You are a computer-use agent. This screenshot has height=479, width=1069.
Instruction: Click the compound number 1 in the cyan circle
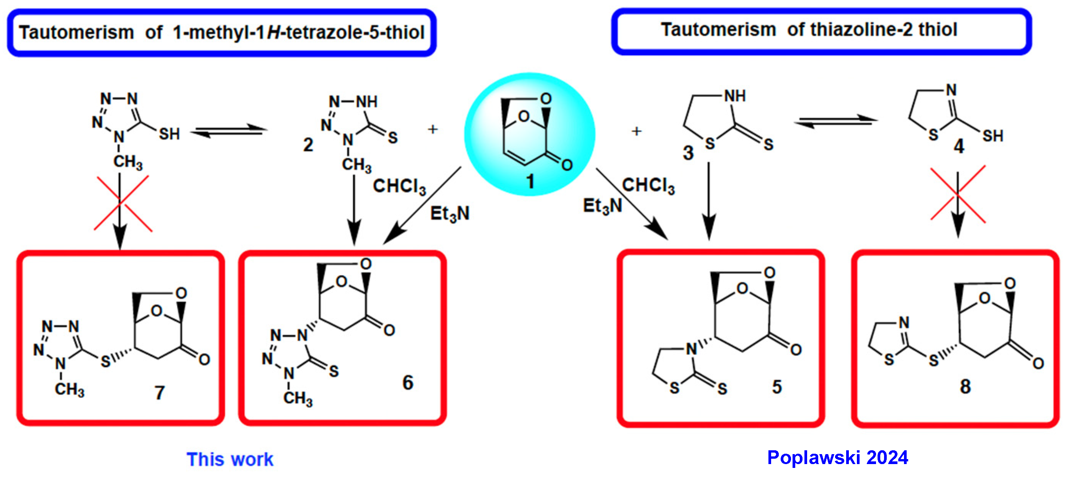click(530, 181)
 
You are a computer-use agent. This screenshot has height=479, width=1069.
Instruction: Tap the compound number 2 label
click(308, 145)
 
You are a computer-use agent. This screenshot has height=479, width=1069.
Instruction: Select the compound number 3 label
click(688, 153)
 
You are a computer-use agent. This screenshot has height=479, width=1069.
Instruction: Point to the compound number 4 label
click(959, 146)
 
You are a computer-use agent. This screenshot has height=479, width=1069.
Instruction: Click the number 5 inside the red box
click(777, 387)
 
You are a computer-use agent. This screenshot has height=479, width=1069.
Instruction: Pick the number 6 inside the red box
click(407, 382)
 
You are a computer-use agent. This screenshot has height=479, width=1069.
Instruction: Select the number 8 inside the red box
click(965, 386)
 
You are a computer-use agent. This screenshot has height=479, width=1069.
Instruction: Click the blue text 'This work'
click(230, 459)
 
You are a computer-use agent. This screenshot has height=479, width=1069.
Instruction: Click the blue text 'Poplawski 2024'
click(837, 458)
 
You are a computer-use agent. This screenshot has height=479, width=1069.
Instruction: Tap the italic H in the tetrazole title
click(274, 33)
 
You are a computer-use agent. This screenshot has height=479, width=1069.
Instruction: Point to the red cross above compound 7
click(123, 203)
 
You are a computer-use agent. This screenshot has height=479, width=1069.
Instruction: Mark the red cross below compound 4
click(958, 194)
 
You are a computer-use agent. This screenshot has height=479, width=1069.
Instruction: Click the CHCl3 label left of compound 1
click(399, 186)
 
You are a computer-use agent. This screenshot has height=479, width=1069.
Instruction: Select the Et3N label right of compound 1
click(602, 206)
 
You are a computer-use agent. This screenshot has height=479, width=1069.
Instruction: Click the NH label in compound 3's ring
click(734, 96)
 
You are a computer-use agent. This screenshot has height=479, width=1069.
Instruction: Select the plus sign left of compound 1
click(433, 129)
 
